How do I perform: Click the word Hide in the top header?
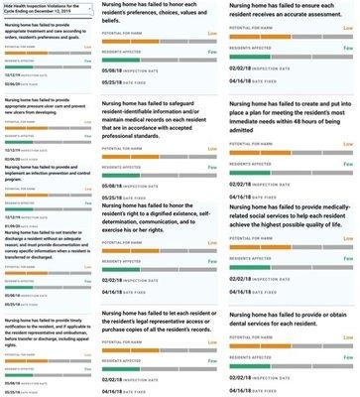(9, 5)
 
